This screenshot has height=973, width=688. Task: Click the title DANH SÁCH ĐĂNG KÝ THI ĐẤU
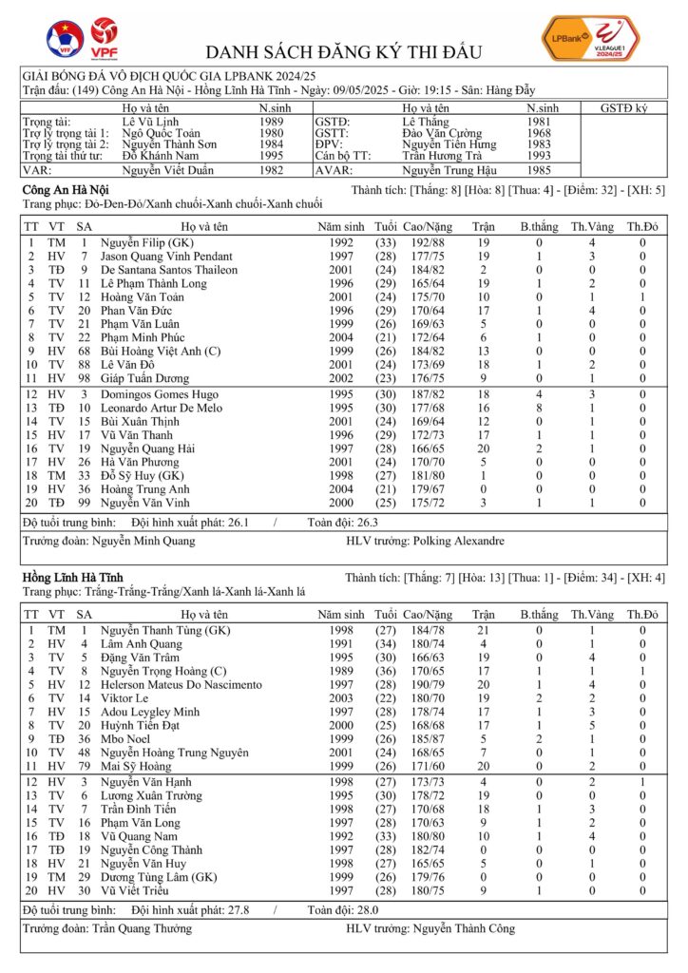tap(344, 51)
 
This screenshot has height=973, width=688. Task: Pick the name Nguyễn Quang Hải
tap(147, 448)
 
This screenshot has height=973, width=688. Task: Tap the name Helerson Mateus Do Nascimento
tap(182, 684)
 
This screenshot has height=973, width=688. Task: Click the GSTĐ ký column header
tap(623, 108)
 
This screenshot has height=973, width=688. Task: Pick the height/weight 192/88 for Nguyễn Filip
tap(426, 242)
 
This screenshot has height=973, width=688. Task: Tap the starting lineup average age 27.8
tap(249, 909)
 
